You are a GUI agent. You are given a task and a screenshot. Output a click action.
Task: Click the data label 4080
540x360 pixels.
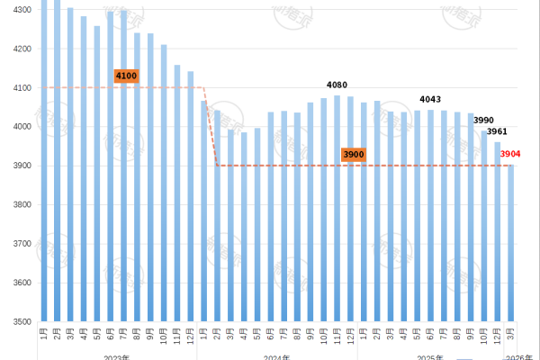coord(337,85)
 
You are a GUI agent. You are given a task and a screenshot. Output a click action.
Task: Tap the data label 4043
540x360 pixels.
coord(431,99)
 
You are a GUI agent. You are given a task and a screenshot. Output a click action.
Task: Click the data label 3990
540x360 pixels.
coord(484,121)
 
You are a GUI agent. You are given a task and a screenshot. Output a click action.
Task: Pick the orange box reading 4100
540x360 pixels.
coord(126,76)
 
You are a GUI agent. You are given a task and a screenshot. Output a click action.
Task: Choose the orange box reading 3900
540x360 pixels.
coord(353,155)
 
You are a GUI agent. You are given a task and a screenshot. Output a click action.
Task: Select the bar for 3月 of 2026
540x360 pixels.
coord(511,243)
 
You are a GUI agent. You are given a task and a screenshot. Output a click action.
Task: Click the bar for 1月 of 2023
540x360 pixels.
coord(44,162)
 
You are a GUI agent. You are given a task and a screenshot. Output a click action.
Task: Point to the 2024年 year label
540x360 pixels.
coord(277,356)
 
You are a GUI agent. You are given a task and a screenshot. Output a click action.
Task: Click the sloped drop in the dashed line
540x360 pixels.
coord(211,127)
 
